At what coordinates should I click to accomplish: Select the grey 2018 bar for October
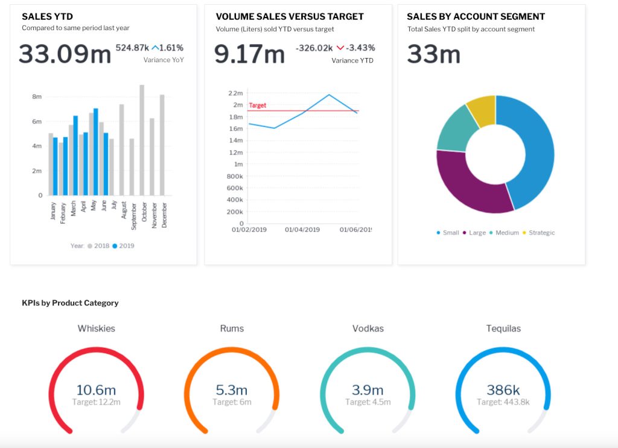click(x=142, y=140)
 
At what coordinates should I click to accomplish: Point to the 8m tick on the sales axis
click(x=36, y=97)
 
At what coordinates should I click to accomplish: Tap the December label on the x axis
click(x=164, y=214)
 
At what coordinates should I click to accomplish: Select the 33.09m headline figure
click(x=65, y=54)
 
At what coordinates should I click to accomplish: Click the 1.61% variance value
click(x=171, y=48)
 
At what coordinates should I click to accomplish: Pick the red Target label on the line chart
click(x=258, y=105)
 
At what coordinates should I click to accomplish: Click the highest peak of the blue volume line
click(x=329, y=95)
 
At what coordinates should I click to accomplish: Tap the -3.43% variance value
click(x=360, y=48)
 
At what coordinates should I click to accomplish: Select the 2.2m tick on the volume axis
click(x=235, y=93)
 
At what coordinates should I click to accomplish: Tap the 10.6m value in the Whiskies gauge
click(x=96, y=390)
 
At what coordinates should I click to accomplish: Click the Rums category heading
click(x=232, y=328)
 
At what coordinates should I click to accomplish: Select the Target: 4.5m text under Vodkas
click(x=368, y=402)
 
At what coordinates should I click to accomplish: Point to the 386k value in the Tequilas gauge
click(x=503, y=390)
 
